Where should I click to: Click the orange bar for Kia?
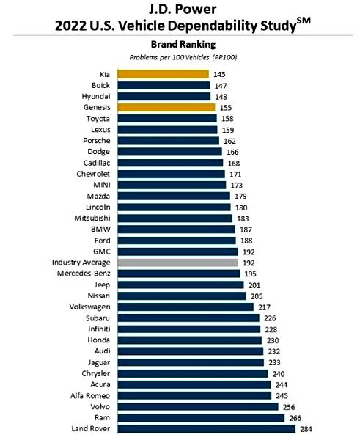click(x=163, y=74)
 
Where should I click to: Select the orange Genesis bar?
click(x=166, y=107)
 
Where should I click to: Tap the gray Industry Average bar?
click(x=177, y=263)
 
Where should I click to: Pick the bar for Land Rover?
click(x=207, y=428)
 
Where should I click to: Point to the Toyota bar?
click(x=167, y=118)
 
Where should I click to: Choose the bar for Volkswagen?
click(x=185, y=307)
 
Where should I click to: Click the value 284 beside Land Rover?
click(x=306, y=429)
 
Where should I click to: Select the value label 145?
click(x=219, y=74)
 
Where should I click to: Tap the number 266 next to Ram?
click(x=295, y=418)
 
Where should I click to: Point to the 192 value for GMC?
click(x=249, y=252)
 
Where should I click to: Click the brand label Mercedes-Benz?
click(x=84, y=274)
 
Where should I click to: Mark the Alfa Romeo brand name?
click(x=90, y=396)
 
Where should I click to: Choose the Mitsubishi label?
click(x=92, y=218)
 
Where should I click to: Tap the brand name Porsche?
click(x=97, y=140)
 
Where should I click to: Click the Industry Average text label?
click(x=81, y=263)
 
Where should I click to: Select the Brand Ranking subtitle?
click(x=183, y=44)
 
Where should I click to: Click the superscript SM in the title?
click(x=304, y=21)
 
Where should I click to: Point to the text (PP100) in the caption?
click(x=225, y=57)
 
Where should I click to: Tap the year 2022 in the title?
click(x=70, y=26)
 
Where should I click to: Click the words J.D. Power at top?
click(x=183, y=9)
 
